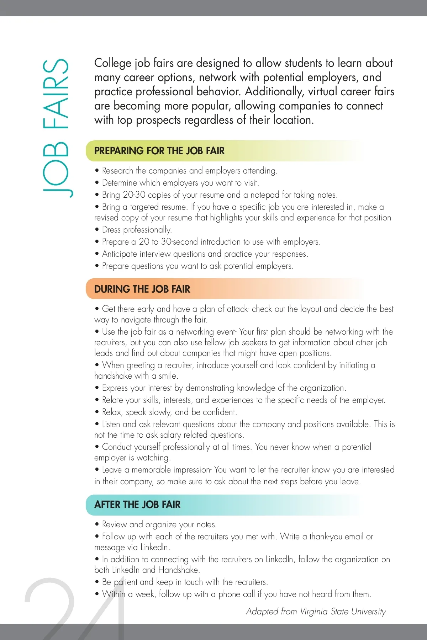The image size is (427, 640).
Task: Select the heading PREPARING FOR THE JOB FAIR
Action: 159,151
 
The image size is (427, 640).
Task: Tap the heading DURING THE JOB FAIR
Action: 142,289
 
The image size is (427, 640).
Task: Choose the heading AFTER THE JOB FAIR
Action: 137,505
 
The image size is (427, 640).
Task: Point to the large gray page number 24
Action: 75,608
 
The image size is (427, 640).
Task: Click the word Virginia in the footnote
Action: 314,611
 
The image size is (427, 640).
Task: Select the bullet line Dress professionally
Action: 137,230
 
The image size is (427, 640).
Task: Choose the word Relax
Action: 112,412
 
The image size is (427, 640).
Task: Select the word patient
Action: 125,582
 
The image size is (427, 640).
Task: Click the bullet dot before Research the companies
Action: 97,171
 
